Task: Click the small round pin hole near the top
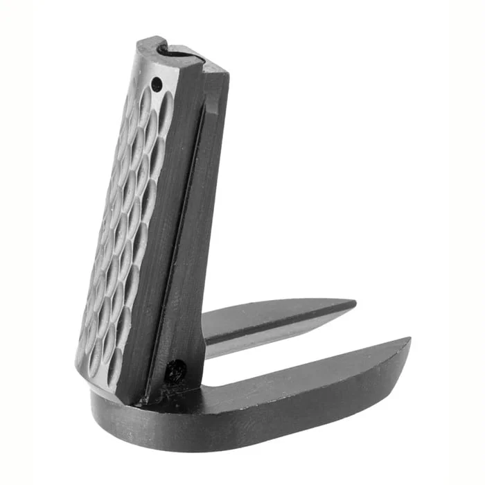pos(157,84)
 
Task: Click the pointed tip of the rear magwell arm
pos(354,304)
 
